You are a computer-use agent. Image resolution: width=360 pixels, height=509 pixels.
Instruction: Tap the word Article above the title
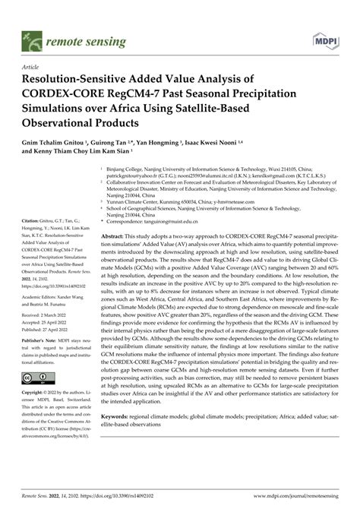click(34, 67)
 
